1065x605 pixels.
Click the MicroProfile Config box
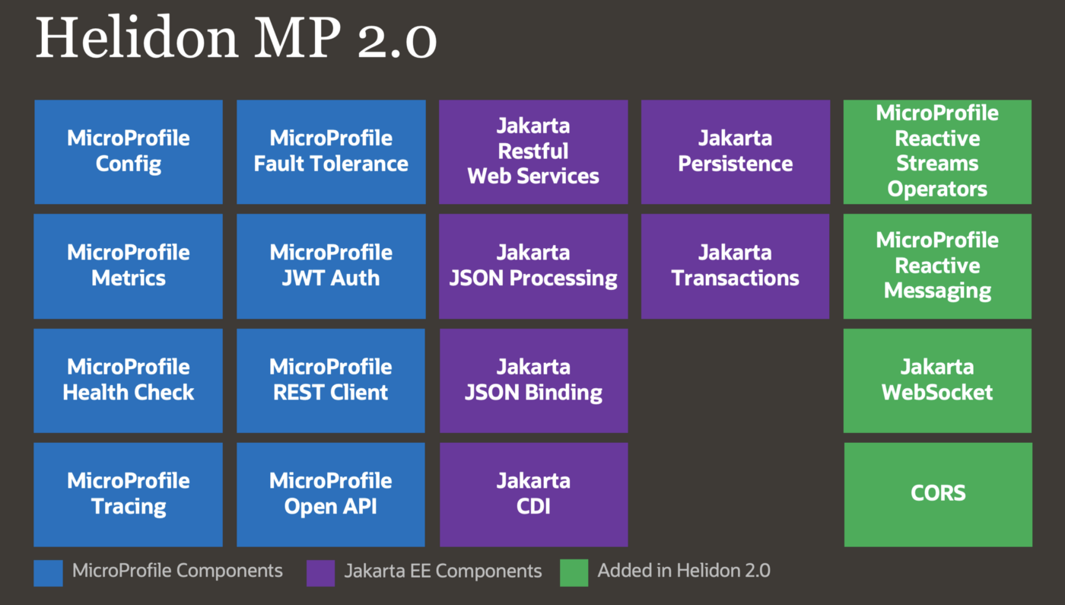129,151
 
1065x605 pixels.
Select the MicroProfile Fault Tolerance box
331,151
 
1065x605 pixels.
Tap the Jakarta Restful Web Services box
533,151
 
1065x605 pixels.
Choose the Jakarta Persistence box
735,151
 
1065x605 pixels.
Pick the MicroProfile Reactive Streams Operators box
937,151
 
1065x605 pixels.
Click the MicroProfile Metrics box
129,266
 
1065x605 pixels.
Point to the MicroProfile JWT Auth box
331,266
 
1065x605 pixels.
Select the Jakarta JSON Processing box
533,266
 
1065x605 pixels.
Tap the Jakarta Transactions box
735,266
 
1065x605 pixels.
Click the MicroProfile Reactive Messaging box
937,266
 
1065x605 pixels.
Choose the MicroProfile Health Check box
129,380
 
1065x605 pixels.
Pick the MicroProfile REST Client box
331,380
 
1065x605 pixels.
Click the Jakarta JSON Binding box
533,380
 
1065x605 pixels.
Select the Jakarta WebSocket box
937,380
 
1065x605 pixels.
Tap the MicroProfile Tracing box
129,494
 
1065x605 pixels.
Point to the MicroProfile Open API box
331,494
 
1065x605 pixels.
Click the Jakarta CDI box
533,494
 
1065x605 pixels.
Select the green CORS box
937,494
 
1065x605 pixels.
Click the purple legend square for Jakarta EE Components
320,573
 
